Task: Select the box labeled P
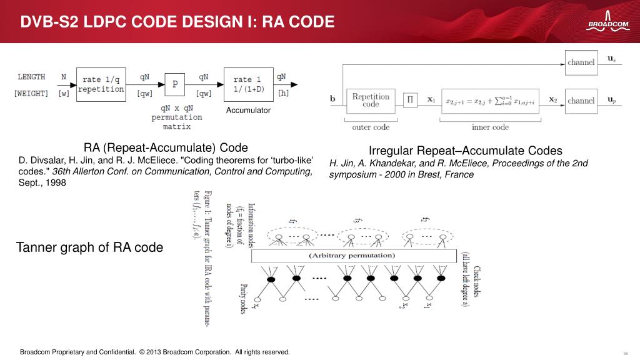pos(175,84)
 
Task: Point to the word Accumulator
pos(248,111)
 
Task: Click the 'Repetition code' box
pos(371,101)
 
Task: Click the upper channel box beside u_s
pos(581,62)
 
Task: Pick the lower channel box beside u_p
pos(581,100)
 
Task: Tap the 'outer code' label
pos(371,127)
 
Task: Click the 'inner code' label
pos(490,127)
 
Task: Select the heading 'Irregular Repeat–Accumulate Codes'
pos(465,151)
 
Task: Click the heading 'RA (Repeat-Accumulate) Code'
pos(166,148)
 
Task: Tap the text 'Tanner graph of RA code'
pos(89,247)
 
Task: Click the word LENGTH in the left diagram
pos(31,77)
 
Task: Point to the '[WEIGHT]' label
pos(31,94)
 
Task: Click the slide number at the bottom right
pos(626,352)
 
